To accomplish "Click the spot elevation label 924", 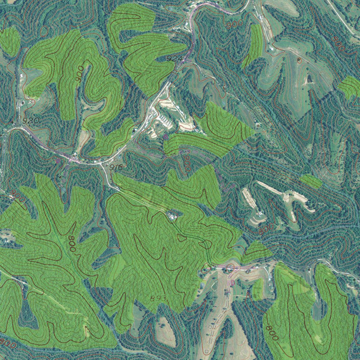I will tap(175, 59).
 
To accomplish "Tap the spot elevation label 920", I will tap(31, 121).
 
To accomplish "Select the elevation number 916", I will tap(116, 168).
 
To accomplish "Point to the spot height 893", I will tap(158, 298).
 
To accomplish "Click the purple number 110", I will tap(231, 282).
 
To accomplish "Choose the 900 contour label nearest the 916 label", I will tap(187, 163).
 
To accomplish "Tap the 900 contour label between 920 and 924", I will tap(80, 74).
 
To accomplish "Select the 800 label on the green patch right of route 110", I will tap(272, 332).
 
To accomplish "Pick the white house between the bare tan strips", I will tap(261, 213).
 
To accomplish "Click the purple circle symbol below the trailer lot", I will tap(166, 136).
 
